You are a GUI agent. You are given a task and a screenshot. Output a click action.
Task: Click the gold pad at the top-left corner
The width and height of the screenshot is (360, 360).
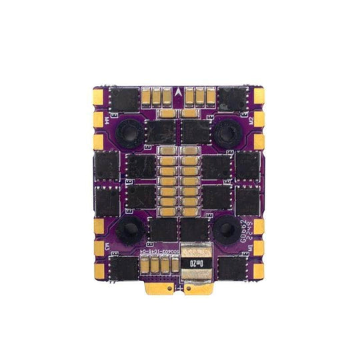pyautogui.click(x=97, y=97)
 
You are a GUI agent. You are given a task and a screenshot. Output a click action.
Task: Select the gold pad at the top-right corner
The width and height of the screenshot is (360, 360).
pyautogui.click(x=260, y=97)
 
